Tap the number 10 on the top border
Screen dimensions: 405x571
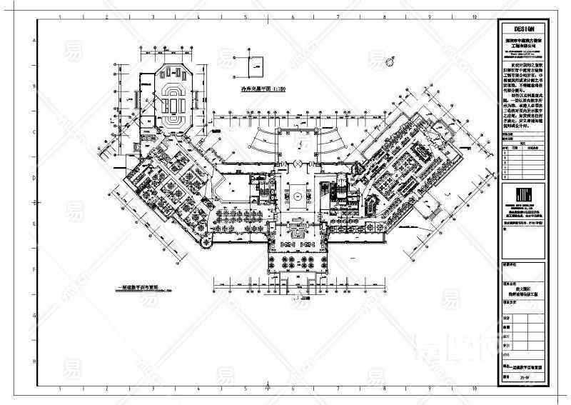coord(474,15)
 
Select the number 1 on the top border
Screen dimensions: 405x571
coord(59,15)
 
